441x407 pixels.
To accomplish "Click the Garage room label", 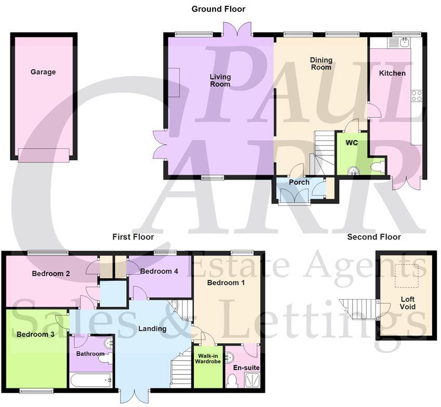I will (43, 72).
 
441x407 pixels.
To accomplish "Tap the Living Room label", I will (220, 81).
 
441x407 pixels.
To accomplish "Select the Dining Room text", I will (321, 63).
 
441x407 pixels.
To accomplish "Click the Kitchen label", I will (392, 73).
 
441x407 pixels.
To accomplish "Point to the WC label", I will (352, 142).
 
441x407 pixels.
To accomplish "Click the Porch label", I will (299, 182).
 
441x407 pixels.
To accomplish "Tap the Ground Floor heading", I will (218, 9).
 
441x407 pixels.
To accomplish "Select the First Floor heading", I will (133, 237).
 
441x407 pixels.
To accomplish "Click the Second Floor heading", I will (374, 237).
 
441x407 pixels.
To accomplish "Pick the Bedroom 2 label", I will (51, 273).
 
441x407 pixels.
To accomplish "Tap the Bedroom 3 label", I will (35, 334).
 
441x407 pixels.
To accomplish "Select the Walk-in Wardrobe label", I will (208, 358).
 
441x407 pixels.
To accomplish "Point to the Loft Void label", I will (408, 303).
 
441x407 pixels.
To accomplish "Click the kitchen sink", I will (404, 42).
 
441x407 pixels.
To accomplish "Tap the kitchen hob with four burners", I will (417, 96).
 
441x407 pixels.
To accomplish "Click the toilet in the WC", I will (378, 166).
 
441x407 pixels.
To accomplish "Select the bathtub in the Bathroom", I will (91, 381).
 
